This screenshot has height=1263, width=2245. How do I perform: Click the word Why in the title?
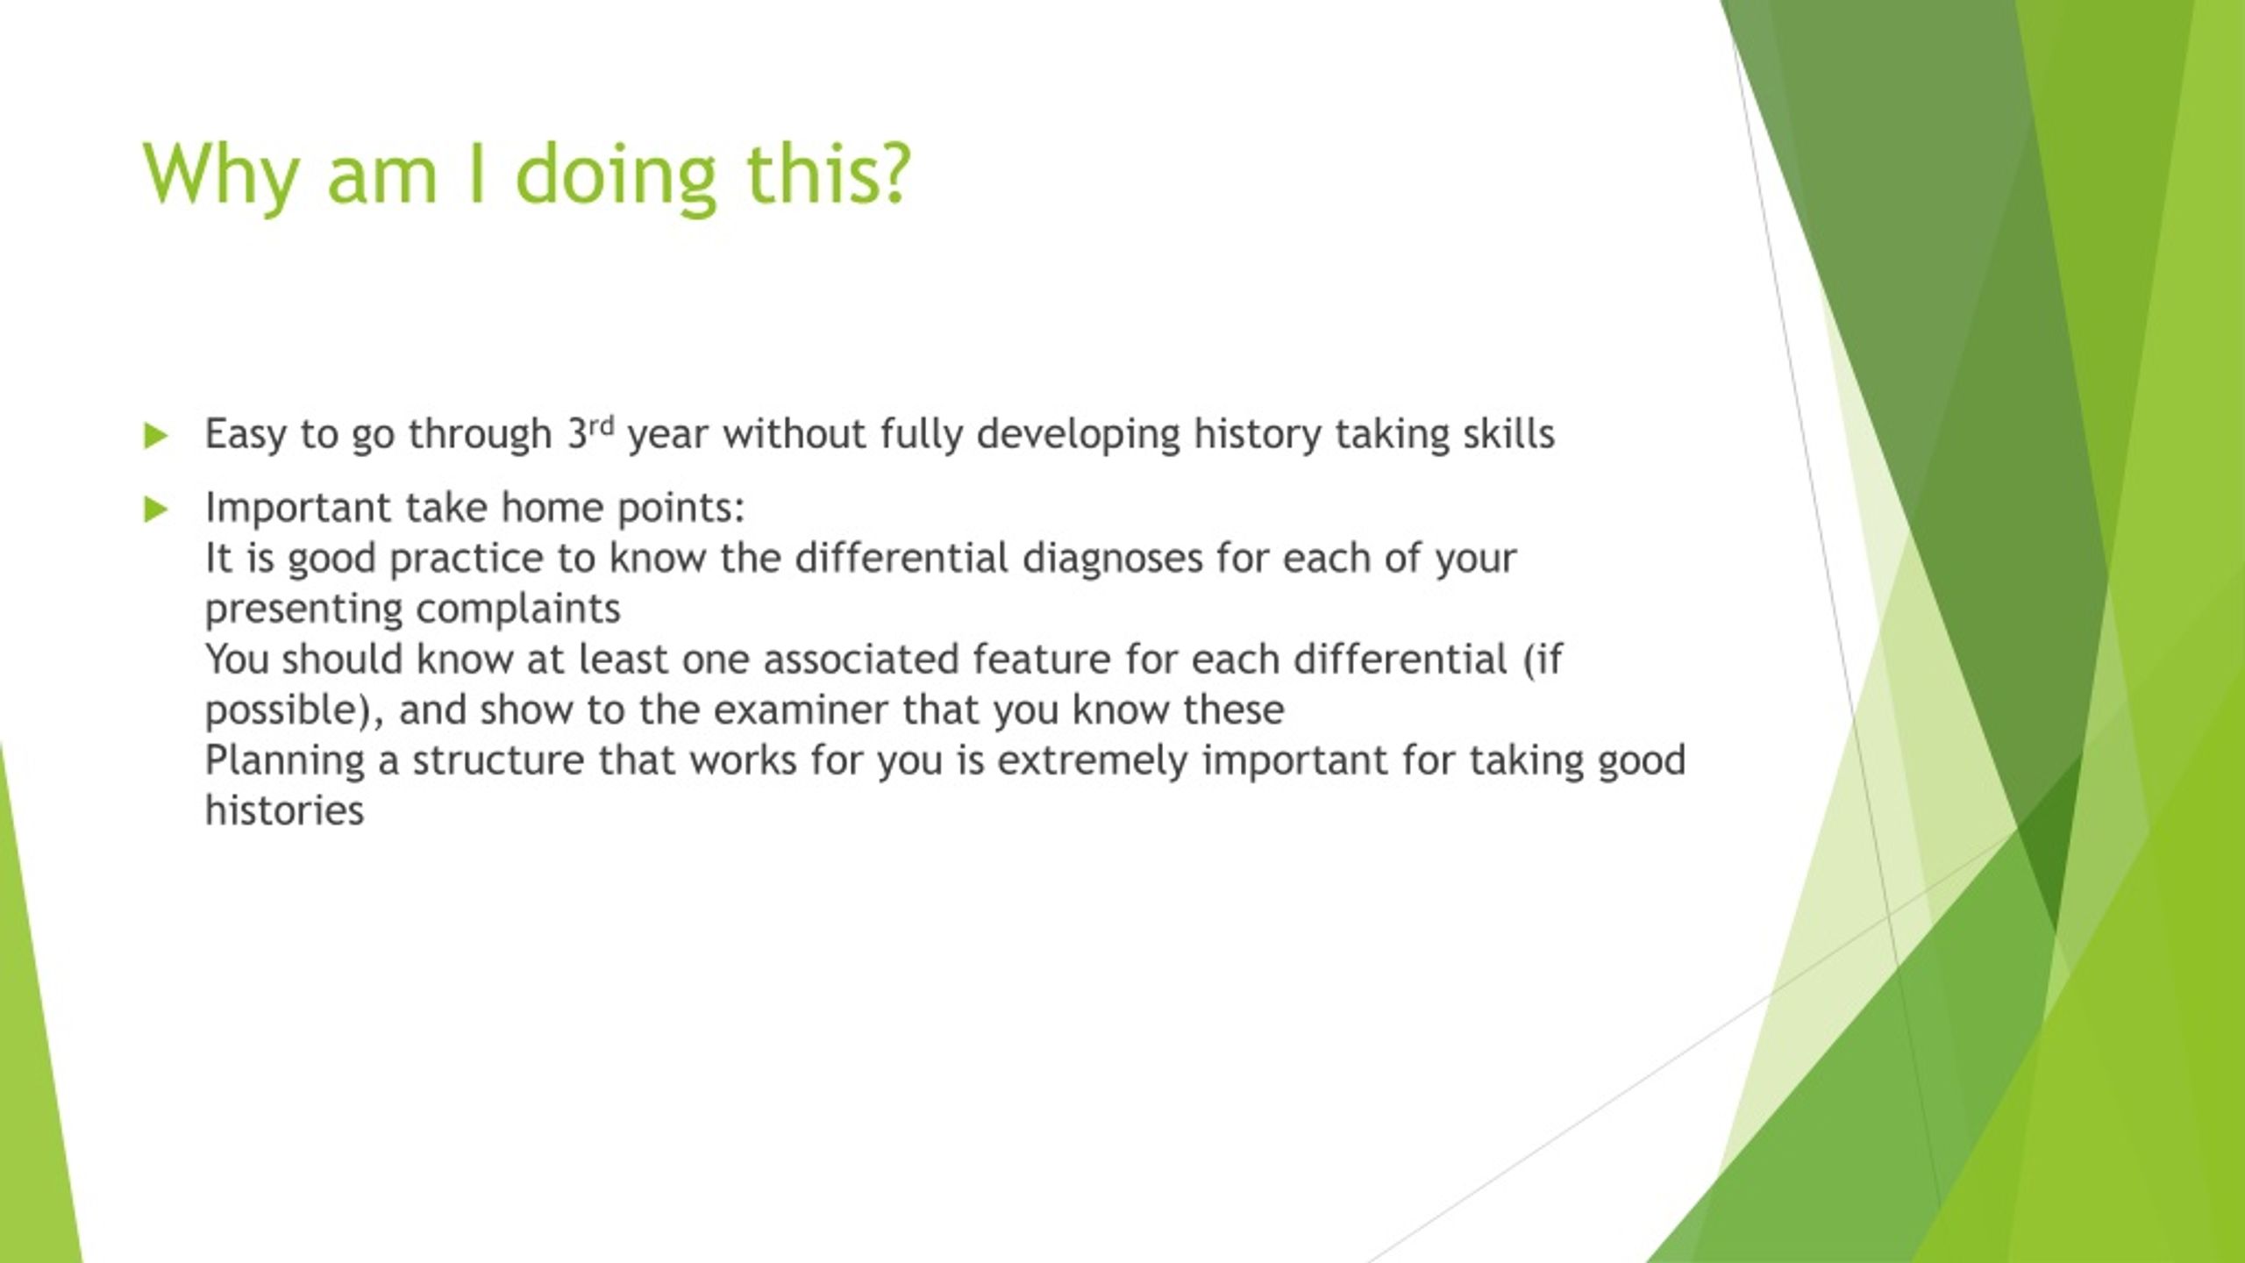click(x=220, y=174)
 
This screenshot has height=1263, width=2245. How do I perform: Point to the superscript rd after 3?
click(x=602, y=426)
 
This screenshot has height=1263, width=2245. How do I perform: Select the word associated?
click(x=861, y=660)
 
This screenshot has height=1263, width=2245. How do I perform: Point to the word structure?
click(x=498, y=760)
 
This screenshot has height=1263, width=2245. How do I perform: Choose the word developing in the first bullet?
click(x=1079, y=435)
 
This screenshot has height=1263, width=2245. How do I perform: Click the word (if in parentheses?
click(x=1543, y=660)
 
